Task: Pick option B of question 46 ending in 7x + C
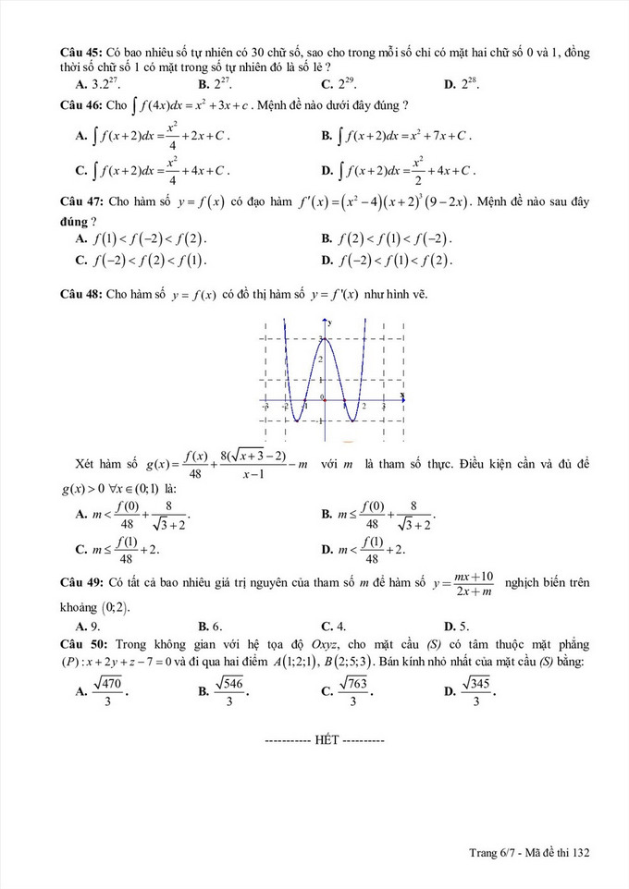(x=397, y=136)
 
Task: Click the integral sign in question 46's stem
(x=137, y=104)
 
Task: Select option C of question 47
(x=142, y=260)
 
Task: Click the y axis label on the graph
(x=330, y=322)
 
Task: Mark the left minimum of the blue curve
(x=295, y=421)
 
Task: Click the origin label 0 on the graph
(x=323, y=397)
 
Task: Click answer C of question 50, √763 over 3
(x=348, y=689)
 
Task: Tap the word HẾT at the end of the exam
(x=327, y=740)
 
